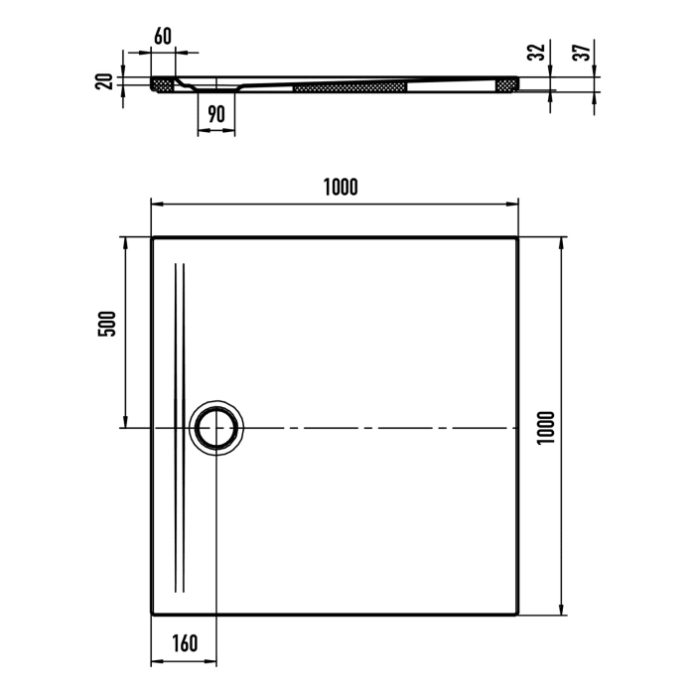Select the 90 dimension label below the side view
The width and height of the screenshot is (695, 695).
(x=215, y=114)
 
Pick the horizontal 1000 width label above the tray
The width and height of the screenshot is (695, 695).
(x=340, y=185)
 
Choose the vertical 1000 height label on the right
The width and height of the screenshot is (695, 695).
(x=545, y=428)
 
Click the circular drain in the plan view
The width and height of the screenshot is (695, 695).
(x=215, y=428)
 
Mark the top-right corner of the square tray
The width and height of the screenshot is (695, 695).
(x=517, y=238)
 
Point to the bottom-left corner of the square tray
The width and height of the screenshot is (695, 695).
(x=152, y=615)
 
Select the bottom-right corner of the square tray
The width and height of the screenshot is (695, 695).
(x=517, y=615)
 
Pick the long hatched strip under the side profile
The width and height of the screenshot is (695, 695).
(x=350, y=87)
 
